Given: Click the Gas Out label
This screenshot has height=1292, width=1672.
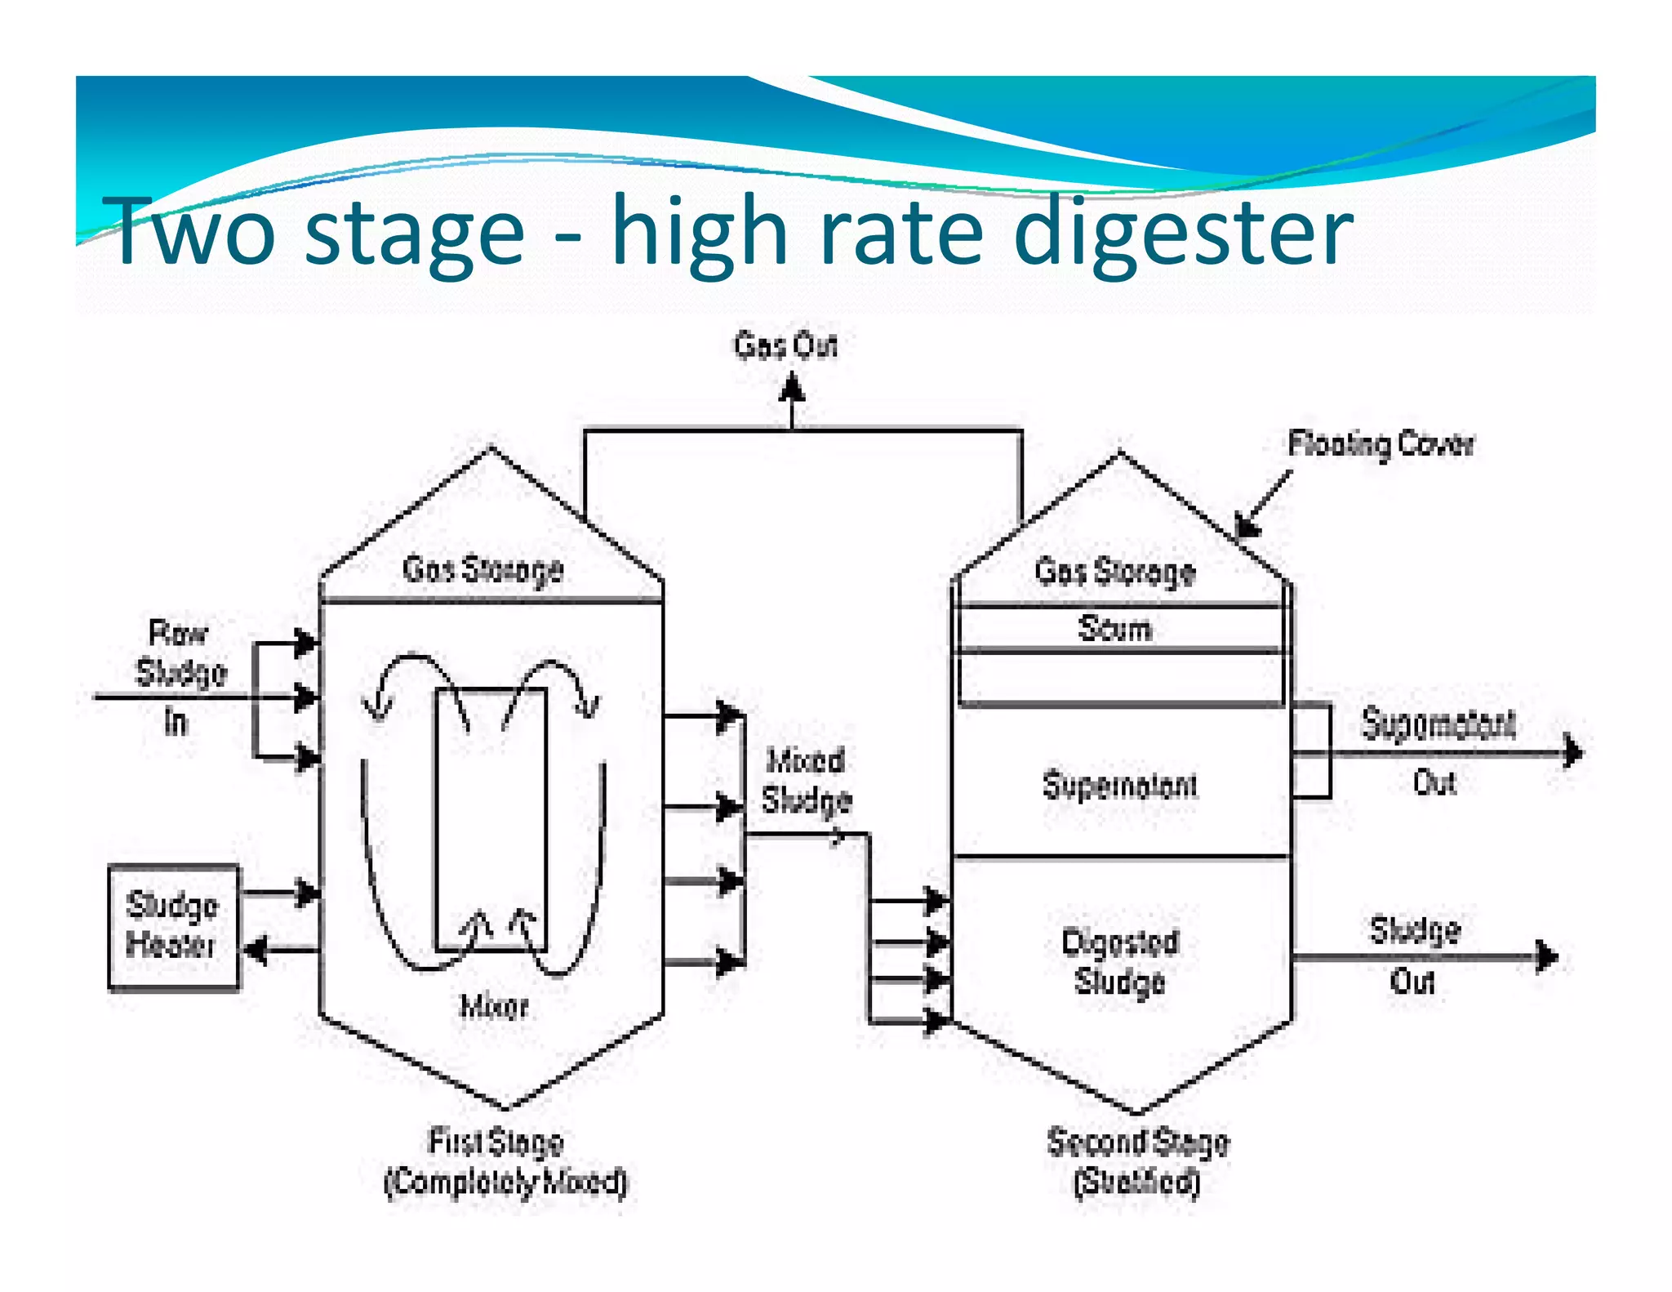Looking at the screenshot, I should [785, 345].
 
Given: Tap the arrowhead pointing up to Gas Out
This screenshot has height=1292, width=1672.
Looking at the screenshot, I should [791, 387].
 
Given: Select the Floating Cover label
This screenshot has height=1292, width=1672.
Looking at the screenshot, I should [1381, 444].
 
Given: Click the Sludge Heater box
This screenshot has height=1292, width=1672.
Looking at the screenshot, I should [174, 928].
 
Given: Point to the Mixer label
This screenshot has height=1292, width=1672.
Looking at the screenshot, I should [494, 1006].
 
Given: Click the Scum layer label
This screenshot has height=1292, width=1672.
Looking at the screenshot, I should [1114, 629].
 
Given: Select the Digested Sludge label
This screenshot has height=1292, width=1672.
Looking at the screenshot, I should [1120, 961].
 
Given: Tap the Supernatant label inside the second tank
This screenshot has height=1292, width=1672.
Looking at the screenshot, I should [1120, 785].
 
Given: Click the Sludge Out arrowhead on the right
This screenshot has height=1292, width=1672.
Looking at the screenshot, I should [1547, 956].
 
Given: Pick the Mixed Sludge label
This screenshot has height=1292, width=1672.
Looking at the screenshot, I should [806, 781].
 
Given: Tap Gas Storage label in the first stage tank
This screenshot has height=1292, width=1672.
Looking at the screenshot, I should [482, 569].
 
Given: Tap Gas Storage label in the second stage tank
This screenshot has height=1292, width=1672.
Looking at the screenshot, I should [1114, 572].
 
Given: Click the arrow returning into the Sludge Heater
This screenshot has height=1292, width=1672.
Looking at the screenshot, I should [258, 950].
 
